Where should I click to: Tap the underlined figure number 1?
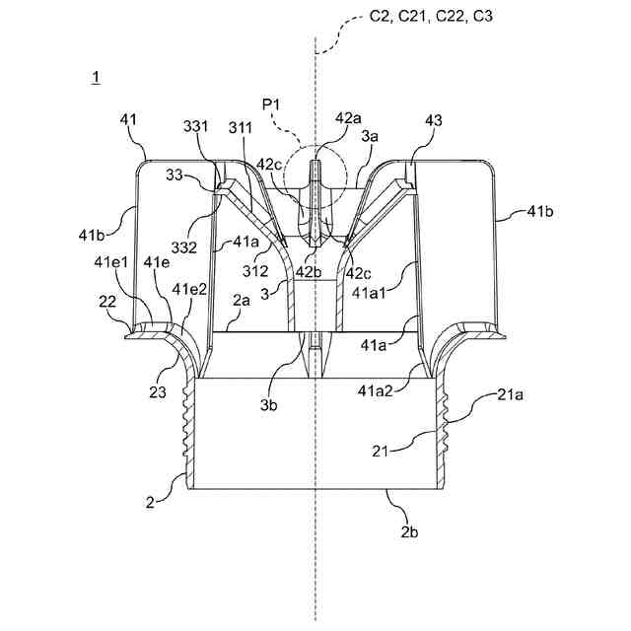(95, 77)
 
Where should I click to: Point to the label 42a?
(348, 117)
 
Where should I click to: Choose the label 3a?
(370, 139)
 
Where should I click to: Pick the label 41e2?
(189, 289)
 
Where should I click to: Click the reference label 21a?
(511, 395)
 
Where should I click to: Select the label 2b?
(410, 532)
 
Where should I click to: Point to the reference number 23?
(158, 390)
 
